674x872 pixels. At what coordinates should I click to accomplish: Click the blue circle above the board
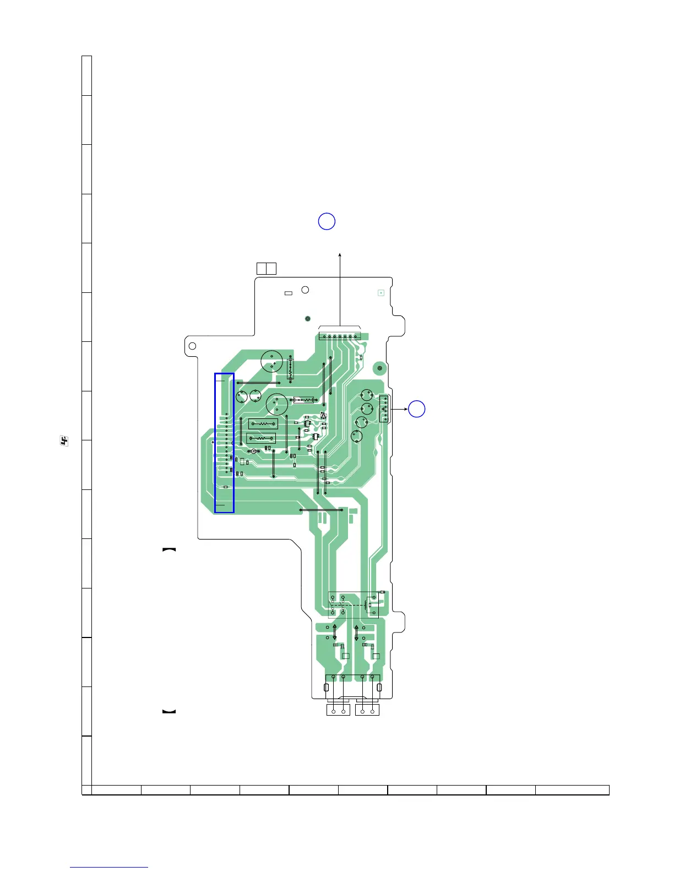[327, 221]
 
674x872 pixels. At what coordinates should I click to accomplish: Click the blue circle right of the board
[417, 409]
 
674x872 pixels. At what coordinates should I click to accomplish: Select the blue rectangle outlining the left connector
[224, 443]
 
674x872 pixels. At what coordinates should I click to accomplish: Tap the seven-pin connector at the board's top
[339, 336]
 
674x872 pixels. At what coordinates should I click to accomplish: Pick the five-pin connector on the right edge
[384, 409]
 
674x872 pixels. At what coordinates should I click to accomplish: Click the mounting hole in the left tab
[192, 346]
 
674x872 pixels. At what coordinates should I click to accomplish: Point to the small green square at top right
[381, 293]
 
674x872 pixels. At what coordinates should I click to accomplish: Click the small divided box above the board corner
[266, 269]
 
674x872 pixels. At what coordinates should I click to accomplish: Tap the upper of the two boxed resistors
[263, 424]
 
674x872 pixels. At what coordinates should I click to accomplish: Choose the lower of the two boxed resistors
[260, 439]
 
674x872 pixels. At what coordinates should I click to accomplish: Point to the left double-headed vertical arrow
[334, 633]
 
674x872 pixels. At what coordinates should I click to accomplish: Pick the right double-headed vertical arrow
[356, 633]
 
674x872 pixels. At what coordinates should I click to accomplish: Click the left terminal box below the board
[338, 710]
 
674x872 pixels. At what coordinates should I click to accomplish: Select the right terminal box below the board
[368, 710]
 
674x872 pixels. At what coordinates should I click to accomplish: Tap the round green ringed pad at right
[379, 368]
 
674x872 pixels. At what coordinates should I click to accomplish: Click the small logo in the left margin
[64, 441]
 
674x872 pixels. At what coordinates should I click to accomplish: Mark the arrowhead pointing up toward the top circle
[340, 254]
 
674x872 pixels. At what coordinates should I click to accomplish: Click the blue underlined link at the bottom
[109, 868]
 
